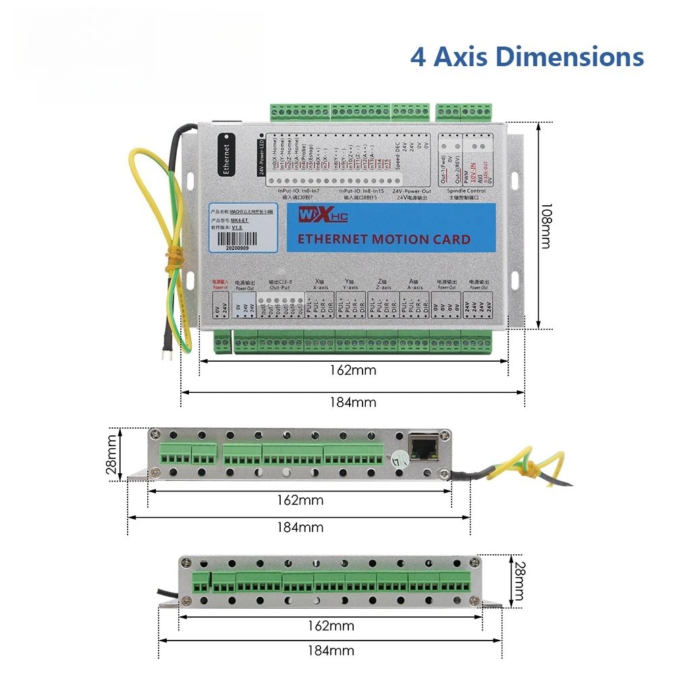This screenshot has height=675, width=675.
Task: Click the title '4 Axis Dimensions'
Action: pyautogui.click(x=526, y=57)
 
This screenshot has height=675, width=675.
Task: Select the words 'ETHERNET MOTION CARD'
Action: pyautogui.click(x=383, y=239)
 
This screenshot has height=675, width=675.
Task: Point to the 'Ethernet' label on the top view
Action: pyautogui.click(x=226, y=159)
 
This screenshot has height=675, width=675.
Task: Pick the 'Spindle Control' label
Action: pyautogui.click(x=467, y=191)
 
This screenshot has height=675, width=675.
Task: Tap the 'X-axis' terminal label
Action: pyautogui.click(x=320, y=287)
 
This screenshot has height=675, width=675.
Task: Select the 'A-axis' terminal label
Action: pyautogui.click(x=416, y=287)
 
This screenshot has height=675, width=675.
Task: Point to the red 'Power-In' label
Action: pyautogui.click(x=220, y=287)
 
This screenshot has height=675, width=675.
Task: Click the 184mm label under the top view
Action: pyautogui.click(x=352, y=402)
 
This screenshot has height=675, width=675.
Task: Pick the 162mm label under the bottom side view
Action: pyautogui.click(x=331, y=626)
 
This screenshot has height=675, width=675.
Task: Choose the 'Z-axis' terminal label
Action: pyautogui.click(x=383, y=287)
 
